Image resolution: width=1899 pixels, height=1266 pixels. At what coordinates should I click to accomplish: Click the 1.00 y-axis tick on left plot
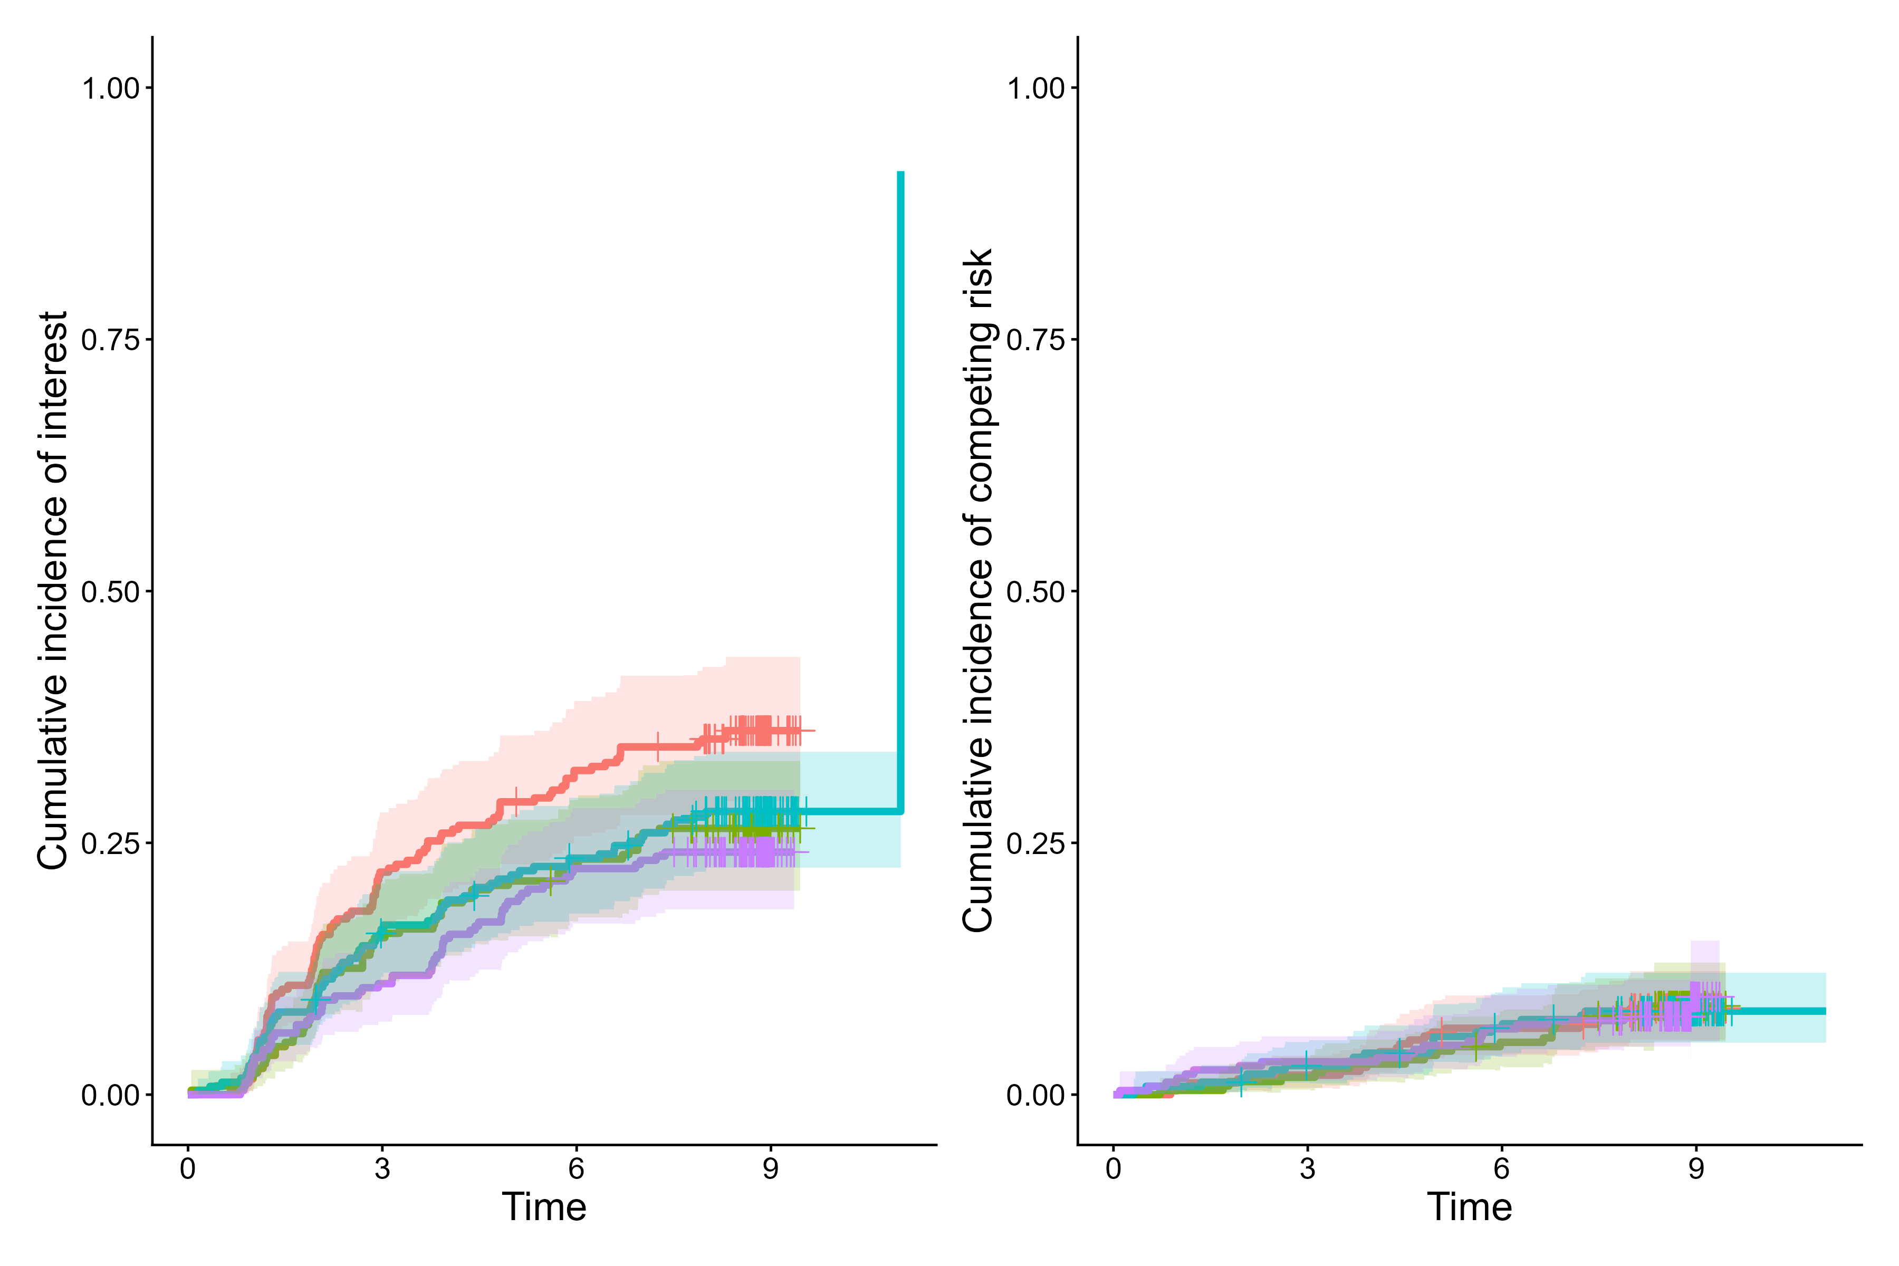pos(111,88)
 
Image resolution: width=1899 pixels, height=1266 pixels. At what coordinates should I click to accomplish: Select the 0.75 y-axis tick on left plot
pos(111,340)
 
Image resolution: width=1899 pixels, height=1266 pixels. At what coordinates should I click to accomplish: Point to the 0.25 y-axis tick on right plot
pos(1036,843)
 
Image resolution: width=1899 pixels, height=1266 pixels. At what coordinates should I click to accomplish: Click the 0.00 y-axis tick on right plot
pos(1036,1096)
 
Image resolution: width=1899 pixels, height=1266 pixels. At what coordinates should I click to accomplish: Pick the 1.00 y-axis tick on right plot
pos(1036,88)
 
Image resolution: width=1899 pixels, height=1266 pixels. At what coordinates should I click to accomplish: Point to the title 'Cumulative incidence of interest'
pos(53,591)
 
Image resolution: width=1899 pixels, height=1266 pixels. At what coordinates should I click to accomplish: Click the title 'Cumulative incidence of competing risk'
pos(978,591)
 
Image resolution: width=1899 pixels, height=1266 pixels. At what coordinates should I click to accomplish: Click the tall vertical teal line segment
pos(901,484)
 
